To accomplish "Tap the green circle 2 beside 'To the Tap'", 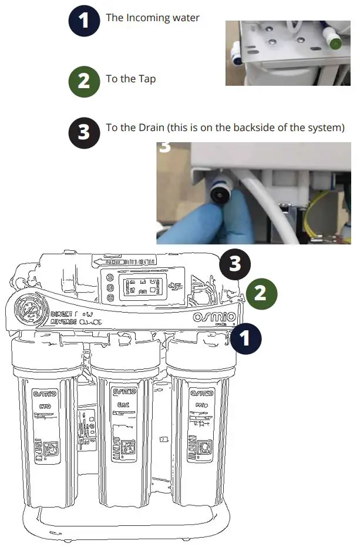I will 84,80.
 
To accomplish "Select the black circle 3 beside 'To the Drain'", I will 84,130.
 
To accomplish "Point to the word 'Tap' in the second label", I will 147,78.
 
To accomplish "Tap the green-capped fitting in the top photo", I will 336,42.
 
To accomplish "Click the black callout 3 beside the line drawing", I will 235,264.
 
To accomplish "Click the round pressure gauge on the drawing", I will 27,310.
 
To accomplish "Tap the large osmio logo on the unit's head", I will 215,318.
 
